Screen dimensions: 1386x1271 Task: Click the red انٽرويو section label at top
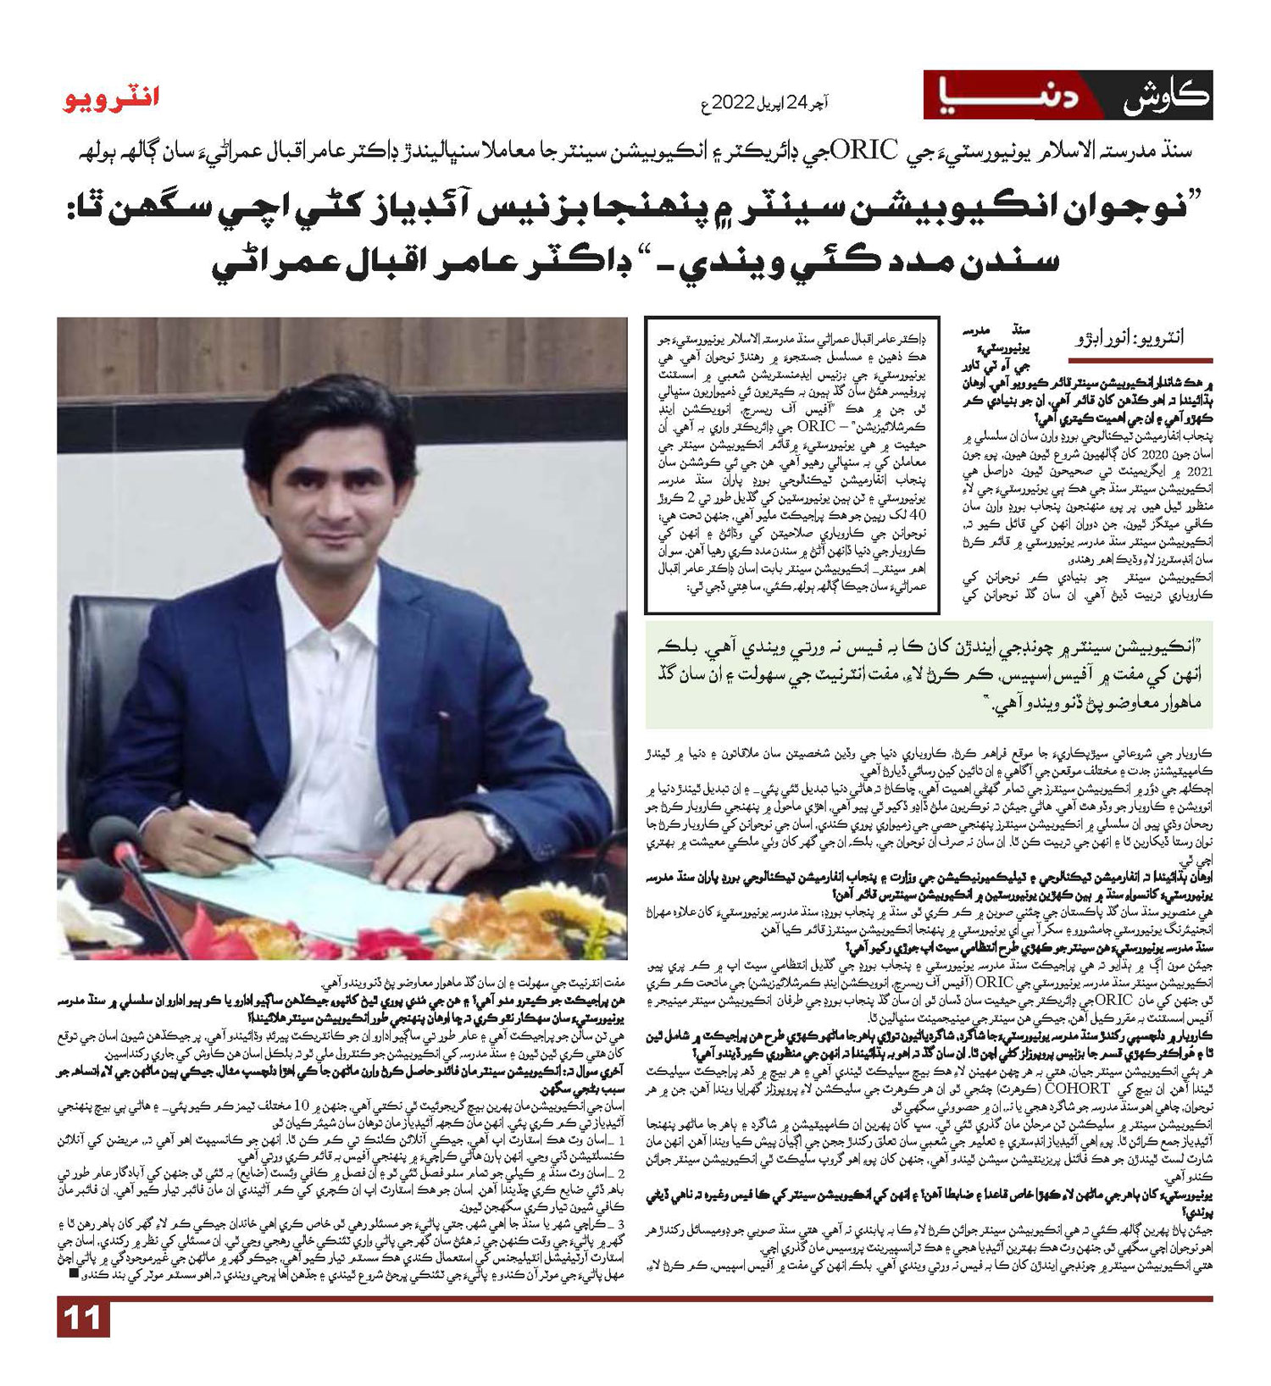111,99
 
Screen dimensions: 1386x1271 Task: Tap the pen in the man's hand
229,830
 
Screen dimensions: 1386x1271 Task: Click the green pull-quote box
928,674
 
